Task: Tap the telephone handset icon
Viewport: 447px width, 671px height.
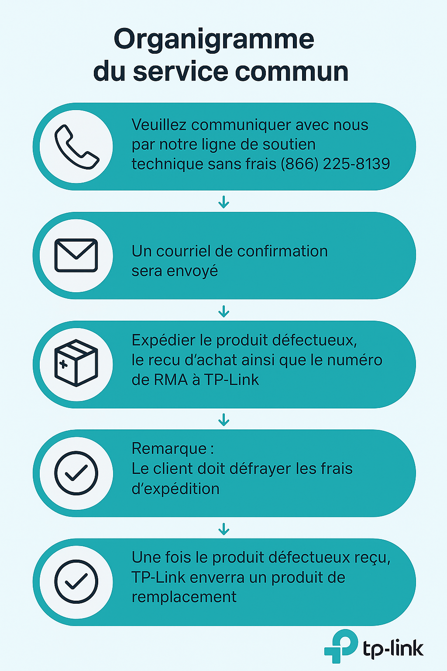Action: point(76,147)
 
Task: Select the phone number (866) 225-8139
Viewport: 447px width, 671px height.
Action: point(335,164)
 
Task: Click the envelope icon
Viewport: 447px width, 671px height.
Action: point(76,256)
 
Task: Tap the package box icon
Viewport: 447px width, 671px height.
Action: point(76,363)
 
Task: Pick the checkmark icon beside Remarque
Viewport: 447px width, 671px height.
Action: point(76,473)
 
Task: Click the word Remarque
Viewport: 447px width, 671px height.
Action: point(169,449)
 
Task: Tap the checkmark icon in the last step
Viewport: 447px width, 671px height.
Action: point(76,581)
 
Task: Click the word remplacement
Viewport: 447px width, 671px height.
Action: point(184,597)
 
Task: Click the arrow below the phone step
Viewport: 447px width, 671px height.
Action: point(223,202)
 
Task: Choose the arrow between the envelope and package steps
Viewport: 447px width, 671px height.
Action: point(223,311)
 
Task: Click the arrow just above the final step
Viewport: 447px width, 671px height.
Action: point(223,529)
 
